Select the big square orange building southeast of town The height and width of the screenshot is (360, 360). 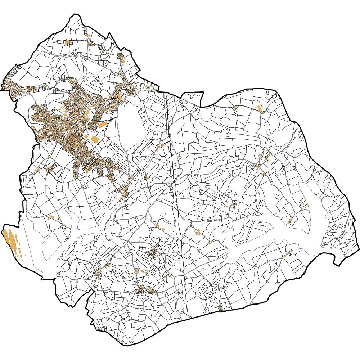pyautogui.click(x=95, y=139)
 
